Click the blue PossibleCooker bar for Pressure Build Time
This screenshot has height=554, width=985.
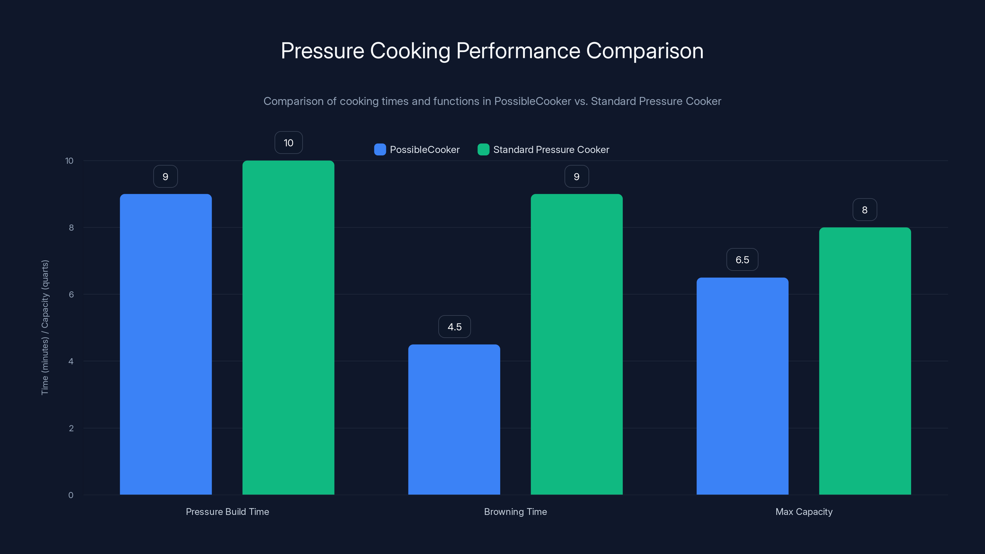(x=166, y=344)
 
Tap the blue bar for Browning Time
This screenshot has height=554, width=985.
(x=454, y=420)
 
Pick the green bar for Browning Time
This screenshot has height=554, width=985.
(x=576, y=344)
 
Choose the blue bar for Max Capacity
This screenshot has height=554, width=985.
(x=742, y=386)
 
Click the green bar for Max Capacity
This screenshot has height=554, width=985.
(x=865, y=361)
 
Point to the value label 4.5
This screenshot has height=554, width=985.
(x=454, y=327)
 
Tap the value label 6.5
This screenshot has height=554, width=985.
(x=742, y=260)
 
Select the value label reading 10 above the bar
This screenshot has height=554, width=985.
(x=288, y=143)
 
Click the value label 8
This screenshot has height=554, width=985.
(x=865, y=210)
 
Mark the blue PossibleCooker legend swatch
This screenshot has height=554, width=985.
(x=380, y=150)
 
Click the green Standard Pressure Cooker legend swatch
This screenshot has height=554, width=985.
(x=483, y=150)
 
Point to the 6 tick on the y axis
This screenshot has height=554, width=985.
(x=71, y=295)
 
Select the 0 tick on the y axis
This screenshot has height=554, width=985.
(x=71, y=495)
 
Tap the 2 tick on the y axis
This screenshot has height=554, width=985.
(x=71, y=428)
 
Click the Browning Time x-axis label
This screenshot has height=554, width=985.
(x=515, y=512)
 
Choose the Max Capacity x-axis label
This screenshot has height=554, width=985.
(x=804, y=512)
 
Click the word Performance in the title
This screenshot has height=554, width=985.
(x=518, y=50)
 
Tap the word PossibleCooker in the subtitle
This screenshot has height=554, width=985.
(x=532, y=101)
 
